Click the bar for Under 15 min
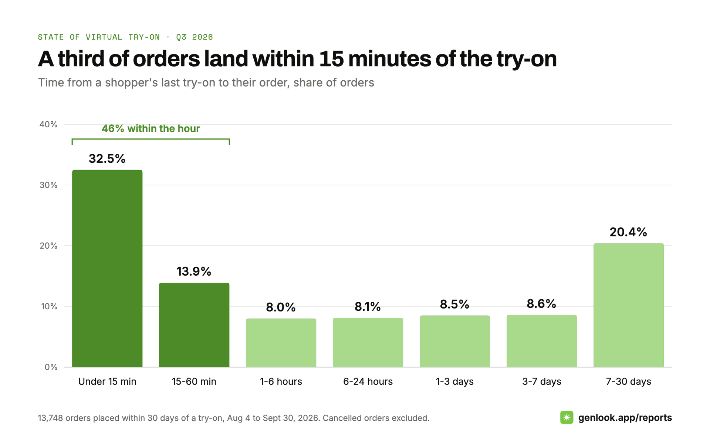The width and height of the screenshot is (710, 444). pos(107,268)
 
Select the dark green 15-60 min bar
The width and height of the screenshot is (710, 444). pos(194,325)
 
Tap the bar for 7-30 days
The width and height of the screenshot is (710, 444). pos(629,305)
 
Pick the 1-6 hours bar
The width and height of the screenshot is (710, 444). pos(281,343)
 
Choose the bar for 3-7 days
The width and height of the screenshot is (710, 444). pos(542,341)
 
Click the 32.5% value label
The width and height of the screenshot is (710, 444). pos(107,159)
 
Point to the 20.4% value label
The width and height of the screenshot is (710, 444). pos(628,232)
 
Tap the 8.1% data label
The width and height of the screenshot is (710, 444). pos(368,306)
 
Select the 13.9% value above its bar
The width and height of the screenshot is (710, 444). pos(194,272)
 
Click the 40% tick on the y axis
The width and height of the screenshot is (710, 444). pos(48,124)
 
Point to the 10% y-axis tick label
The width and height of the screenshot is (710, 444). pos(49,306)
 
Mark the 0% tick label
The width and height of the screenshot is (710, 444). pos(51,367)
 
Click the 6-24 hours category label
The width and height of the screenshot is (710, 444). pos(368,381)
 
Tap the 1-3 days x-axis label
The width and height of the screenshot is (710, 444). pos(455,381)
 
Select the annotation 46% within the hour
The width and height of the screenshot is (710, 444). pos(151,128)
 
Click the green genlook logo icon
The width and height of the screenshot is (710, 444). pos(567,417)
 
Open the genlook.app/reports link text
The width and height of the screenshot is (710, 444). pos(625,418)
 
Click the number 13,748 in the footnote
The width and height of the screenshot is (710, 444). pos(51,418)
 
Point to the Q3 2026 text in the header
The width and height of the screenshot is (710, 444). pos(195,37)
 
